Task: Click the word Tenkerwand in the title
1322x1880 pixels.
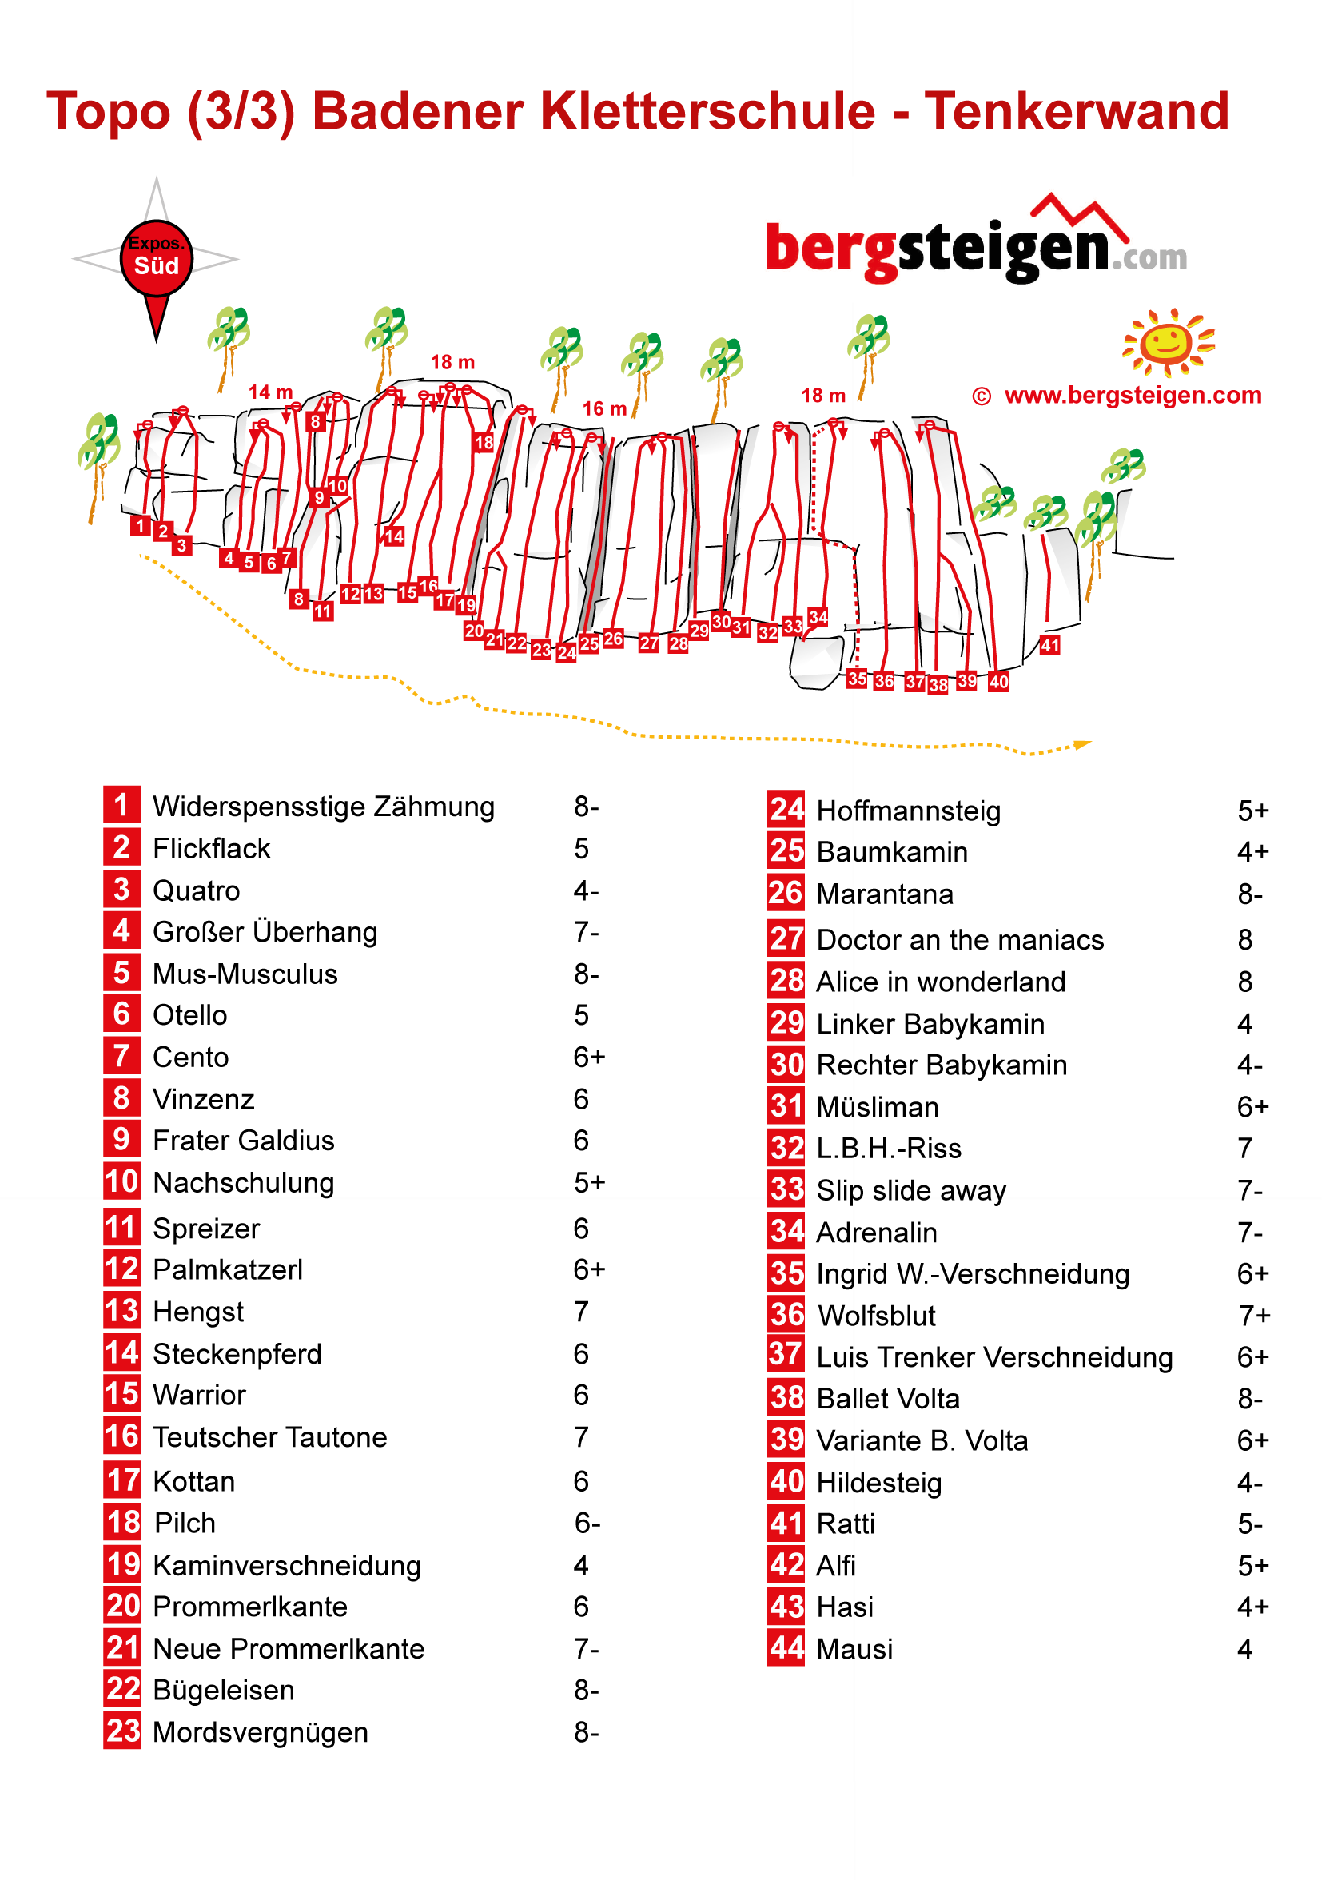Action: click(1076, 111)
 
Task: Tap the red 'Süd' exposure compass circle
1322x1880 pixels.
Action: click(157, 258)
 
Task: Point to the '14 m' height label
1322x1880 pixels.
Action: click(270, 392)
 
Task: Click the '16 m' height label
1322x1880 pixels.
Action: click(604, 408)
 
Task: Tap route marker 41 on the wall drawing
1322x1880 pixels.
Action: click(1049, 645)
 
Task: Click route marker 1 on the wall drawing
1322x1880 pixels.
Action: click(141, 526)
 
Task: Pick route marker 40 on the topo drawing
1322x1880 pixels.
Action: click(997, 681)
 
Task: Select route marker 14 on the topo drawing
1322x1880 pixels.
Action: click(394, 536)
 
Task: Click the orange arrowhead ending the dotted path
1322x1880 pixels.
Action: click(1082, 744)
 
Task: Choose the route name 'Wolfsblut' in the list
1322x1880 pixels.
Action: click(876, 1316)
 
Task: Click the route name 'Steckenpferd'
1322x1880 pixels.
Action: click(237, 1354)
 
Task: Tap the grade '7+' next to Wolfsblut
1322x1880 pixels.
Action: click(1254, 1316)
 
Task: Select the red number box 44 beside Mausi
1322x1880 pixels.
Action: click(786, 1648)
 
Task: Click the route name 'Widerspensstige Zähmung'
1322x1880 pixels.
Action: click(324, 807)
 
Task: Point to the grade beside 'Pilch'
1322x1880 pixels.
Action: click(587, 1523)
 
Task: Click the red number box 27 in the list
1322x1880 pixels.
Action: click(786, 939)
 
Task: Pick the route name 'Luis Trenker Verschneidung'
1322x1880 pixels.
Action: click(993, 1357)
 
